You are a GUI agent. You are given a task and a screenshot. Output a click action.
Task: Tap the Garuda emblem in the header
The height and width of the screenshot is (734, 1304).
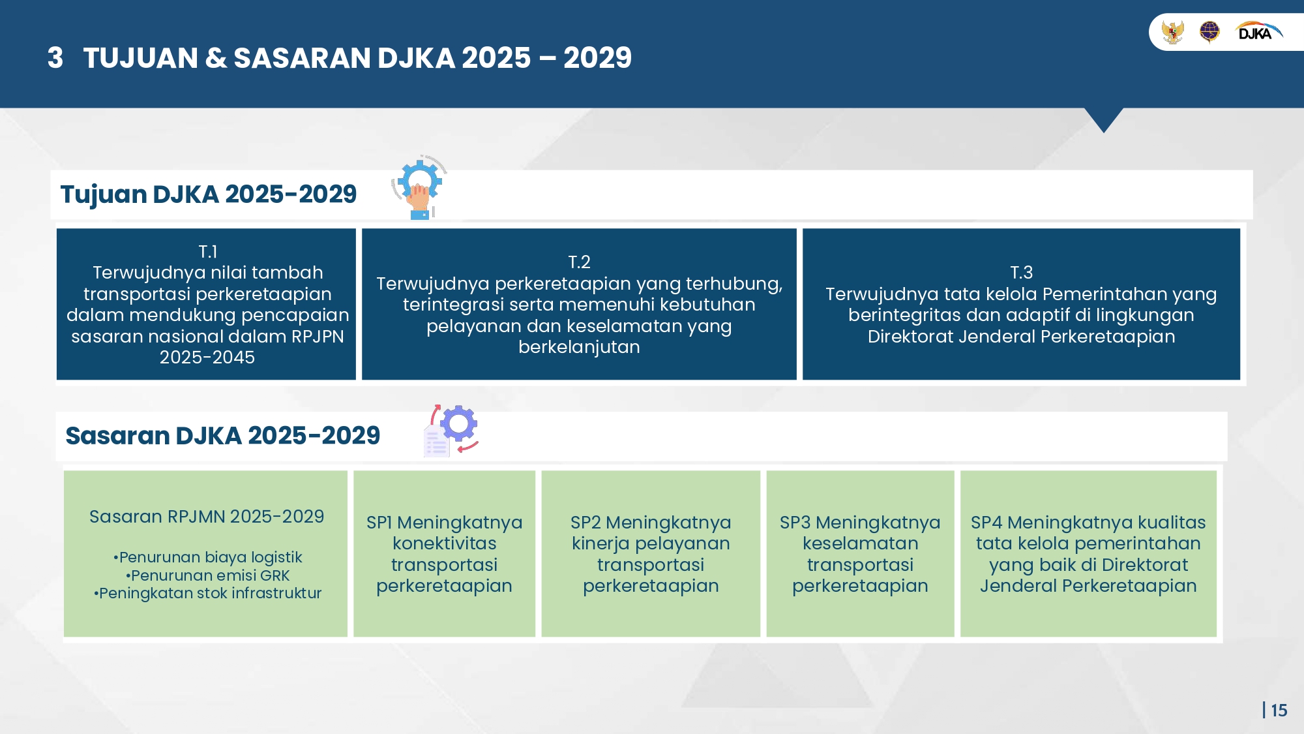click(x=1172, y=31)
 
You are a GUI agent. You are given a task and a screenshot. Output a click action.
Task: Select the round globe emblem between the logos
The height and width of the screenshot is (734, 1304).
click(x=1209, y=31)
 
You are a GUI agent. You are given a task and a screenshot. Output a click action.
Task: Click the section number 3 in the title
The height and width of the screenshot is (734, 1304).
click(x=55, y=58)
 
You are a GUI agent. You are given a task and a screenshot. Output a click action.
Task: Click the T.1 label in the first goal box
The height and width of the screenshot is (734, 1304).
click(x=207, y=252)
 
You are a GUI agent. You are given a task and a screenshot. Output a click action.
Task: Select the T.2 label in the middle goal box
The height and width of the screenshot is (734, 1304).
click(x=579, y=262)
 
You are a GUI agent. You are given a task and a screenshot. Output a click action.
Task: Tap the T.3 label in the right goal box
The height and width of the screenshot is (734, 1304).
click(x=1021, y=273)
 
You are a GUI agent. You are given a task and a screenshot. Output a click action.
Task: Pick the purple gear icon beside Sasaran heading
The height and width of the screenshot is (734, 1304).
click(x=459, y=424)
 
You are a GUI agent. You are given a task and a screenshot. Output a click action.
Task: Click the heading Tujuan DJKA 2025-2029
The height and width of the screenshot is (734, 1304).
click(x=209, y=194)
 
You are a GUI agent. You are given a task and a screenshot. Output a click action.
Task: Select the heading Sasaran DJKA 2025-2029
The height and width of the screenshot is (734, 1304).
click(x=223, y=436)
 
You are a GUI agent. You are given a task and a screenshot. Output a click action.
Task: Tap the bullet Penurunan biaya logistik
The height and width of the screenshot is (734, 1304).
click(x=207, y=557)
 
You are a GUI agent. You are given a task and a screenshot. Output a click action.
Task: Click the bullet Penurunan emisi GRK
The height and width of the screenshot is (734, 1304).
click(x=207, y=575)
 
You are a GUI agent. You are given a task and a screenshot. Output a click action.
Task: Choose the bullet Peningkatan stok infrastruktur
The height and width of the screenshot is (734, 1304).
click(x=207, y=593)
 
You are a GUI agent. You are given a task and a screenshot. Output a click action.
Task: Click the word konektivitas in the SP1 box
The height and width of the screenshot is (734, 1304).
click(x=445, y=543)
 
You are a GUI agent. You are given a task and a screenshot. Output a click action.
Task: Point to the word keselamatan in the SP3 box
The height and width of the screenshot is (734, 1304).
click(x=861, y=543)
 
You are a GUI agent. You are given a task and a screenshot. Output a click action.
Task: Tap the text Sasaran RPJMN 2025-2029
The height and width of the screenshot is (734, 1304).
click(x=207, y=517)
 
